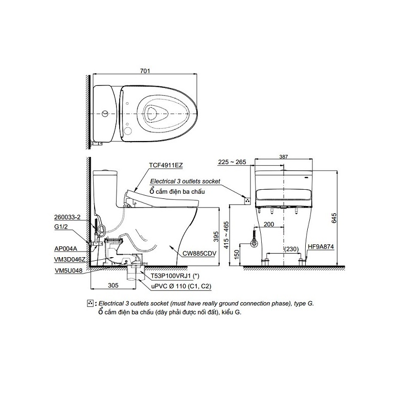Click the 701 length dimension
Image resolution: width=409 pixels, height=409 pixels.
click(x=145, y=71)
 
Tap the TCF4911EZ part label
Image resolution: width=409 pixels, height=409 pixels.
click(x=166, y=165)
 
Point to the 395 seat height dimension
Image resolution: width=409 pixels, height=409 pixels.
click(x=216, y=236)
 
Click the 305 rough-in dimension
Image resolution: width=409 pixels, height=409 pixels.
click(x=113, y=285)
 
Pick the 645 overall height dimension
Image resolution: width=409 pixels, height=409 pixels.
click(x=334, y=218)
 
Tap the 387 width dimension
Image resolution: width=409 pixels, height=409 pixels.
click(x=284, y=157)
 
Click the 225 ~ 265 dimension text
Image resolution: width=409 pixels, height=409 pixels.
click(x=232, y=162)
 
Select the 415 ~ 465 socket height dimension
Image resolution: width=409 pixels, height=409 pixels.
click(x=226, y=235)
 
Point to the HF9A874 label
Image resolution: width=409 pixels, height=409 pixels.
click(x=321, y=246)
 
